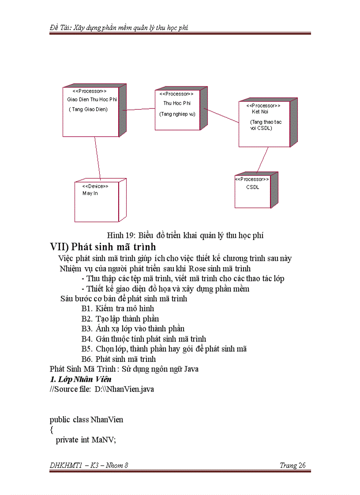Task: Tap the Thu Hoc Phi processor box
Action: pos(177,110)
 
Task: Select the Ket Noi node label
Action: pos(260,112)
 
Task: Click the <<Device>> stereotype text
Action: pos(95,186)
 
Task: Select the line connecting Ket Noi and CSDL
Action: pos(262,160)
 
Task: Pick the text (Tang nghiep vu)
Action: pos(177,114)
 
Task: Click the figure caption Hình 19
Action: pos(185,235)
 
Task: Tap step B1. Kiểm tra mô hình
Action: pos(118,309)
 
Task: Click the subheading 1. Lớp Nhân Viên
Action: pos(80,379)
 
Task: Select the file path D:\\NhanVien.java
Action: pos(124,389)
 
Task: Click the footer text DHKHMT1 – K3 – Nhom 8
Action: pos(89,465)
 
